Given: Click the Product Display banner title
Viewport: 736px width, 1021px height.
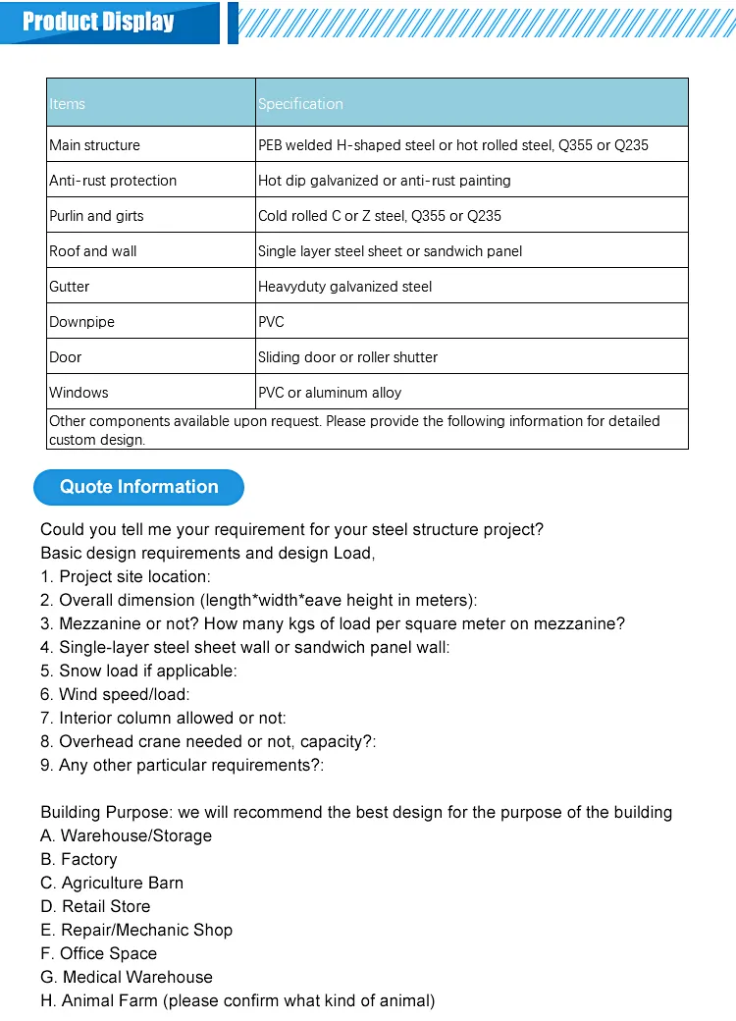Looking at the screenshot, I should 98,22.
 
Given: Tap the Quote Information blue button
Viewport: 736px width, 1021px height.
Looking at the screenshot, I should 138,487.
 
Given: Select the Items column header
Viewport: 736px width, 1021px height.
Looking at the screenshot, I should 68,104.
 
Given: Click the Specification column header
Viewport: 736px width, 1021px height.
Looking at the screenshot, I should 300,104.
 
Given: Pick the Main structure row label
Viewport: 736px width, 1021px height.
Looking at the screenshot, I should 94,145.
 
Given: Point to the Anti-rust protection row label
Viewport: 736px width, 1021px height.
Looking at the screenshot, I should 113,181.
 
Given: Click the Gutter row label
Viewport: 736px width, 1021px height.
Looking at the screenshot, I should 69,287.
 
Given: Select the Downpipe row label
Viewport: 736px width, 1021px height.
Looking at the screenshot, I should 80,322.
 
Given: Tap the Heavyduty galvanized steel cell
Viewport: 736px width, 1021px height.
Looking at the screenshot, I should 344,287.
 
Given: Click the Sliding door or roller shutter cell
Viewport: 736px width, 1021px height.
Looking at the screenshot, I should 347,357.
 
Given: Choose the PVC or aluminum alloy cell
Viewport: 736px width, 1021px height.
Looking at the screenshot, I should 330,393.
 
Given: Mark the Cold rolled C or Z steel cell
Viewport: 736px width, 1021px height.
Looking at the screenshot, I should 380,216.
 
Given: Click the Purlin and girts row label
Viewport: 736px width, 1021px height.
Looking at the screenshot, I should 96,216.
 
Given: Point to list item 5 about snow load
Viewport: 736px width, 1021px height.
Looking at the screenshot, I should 138,672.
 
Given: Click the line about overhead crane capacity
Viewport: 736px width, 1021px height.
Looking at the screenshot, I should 208,742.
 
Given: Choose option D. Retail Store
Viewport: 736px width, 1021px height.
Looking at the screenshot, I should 95,907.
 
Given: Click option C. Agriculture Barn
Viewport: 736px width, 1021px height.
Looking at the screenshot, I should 112,884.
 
